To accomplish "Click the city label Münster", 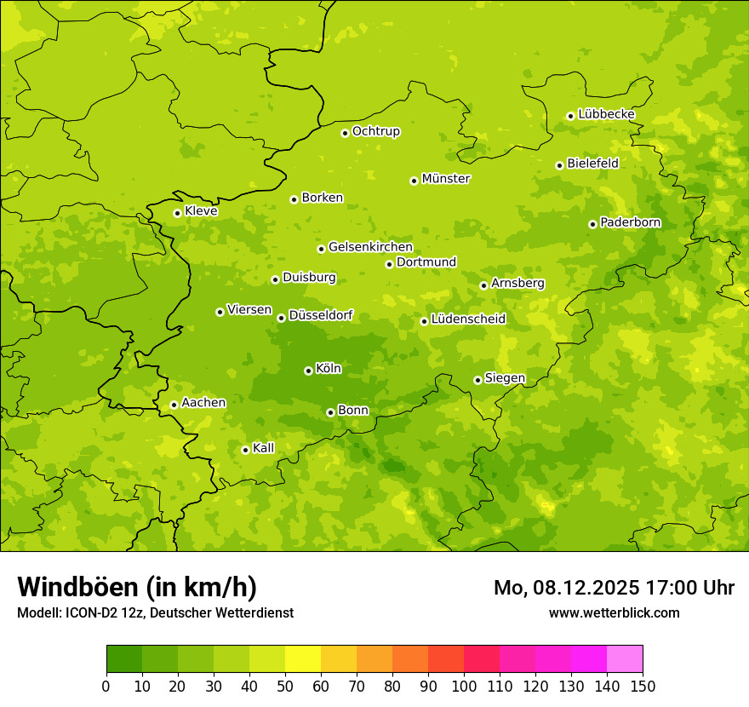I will click(445, 179).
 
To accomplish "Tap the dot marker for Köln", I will click(308, 371).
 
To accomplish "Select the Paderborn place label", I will click(630, 222).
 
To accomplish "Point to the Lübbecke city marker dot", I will click(570, 116).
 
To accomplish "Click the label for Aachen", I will click(203, 403).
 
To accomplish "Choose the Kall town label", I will click(263, 448).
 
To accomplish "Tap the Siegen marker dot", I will click(477, 380).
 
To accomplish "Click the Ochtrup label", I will click(375, 131).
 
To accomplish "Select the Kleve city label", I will click(201, 211).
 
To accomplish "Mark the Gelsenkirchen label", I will click(370, 247).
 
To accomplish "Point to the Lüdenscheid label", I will click(468, 319).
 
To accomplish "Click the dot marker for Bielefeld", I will click(559, 165).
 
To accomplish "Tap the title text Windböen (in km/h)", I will click(137, 587).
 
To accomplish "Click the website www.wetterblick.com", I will click(614, 612).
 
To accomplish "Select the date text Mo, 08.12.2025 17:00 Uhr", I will click(614, 588).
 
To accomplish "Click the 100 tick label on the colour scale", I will click(464, 686).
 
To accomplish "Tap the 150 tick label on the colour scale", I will click(643, 686).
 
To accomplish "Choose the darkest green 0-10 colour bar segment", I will click(124, 659).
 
